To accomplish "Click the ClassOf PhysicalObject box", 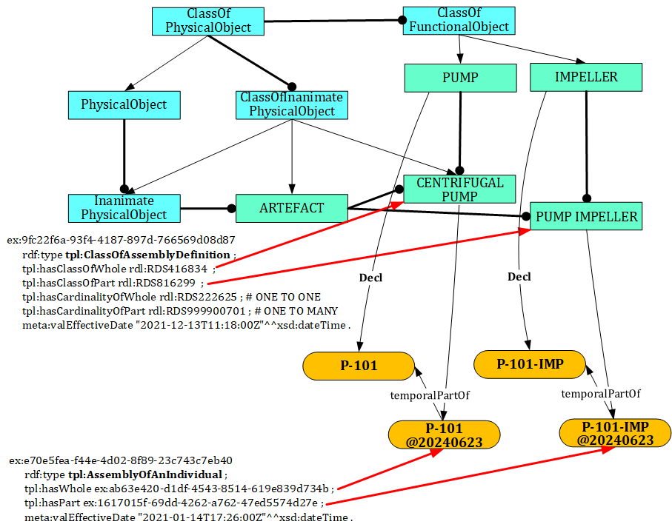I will tap(208, 21).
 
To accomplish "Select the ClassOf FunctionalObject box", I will tap(459, 20).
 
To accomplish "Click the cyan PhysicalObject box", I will tap(124, 105).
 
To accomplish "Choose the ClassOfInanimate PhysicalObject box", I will tap(292, 104).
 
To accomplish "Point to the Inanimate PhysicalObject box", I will tap(124, 208).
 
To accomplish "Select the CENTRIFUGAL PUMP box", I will tap(460, 189).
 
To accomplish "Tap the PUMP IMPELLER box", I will tap(586, 216).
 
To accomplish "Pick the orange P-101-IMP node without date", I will tap(530, 363).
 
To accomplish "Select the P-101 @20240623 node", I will tap(444, 435).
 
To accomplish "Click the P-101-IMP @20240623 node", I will tap(616, 434).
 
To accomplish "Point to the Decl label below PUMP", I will tap(370, 278).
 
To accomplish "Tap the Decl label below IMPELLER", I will tap(519, 277).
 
